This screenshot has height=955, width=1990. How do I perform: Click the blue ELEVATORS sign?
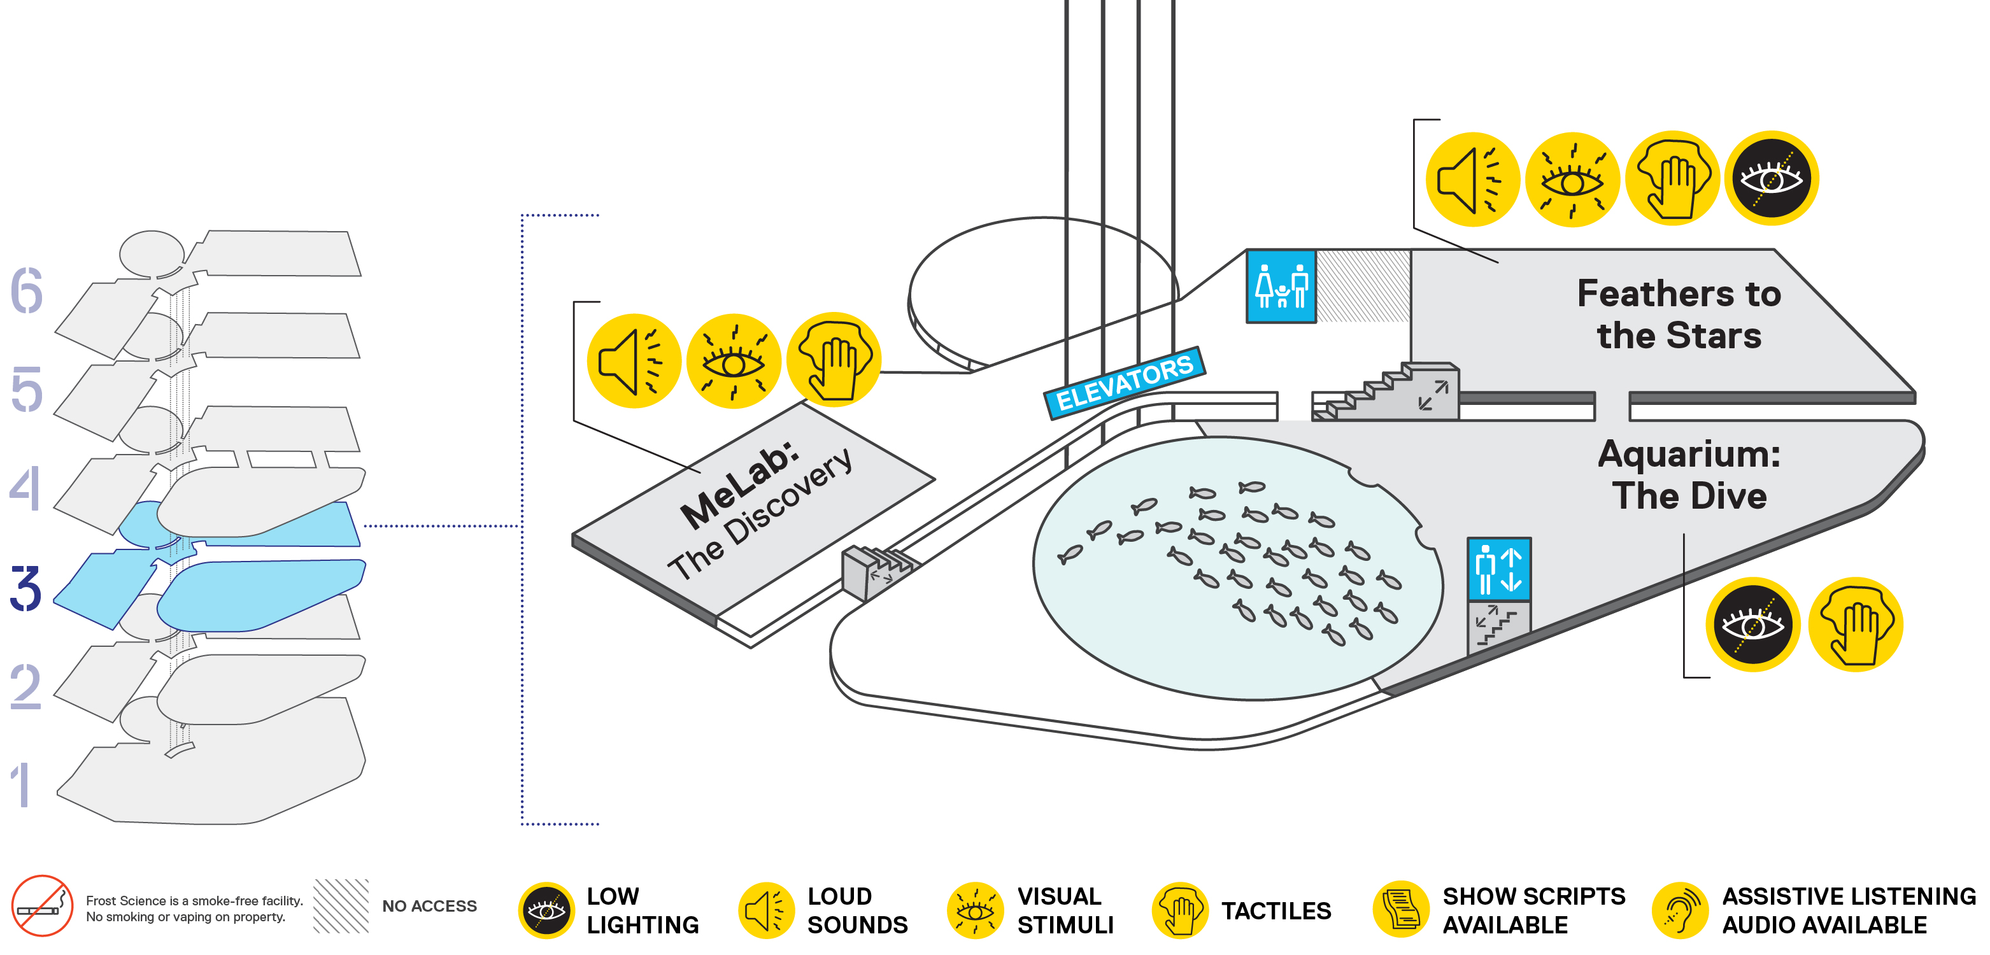click(1124, 383)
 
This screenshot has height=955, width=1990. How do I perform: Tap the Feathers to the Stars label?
click(1679, 315)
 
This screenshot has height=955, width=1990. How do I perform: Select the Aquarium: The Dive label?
click(1689, 474)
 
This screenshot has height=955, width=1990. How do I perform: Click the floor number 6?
click(26, 290)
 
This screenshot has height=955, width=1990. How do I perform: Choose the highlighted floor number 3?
click(25, 589)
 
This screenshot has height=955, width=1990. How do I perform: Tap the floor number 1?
click(22, 785)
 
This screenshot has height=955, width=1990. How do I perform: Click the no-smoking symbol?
click(42, 905)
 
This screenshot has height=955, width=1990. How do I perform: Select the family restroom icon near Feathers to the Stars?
click(1281, 286)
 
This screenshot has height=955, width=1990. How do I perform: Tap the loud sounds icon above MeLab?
click(634, 361)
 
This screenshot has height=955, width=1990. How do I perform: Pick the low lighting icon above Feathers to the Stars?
click(1772, 178)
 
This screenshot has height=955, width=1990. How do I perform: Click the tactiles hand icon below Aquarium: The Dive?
click(1856, 625)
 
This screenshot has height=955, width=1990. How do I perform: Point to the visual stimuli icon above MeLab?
click(734, 361)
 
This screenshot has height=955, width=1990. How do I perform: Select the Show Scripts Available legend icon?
click(1400, 910)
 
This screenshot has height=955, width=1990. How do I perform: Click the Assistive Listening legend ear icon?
click(1681, 910)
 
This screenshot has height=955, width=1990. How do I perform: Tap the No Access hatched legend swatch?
click(341, 905)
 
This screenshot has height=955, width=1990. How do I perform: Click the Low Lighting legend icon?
click(546, 910)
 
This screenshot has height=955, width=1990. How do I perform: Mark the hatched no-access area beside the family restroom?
click(1363, 286)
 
